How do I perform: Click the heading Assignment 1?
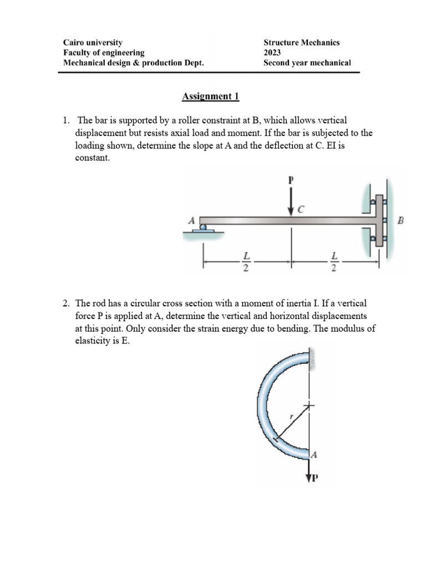pos(210,97)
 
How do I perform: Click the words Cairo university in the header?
pos(93,43)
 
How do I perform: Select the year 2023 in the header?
pos(272,53)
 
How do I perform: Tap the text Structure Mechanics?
pos(301,43)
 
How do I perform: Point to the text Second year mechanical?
pos(307,63)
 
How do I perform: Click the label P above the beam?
pos(290,180)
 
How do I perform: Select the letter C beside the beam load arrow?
pos(302,209)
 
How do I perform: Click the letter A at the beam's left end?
pos(192,220)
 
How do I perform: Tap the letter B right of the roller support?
pos(401,221)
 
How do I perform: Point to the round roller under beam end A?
pos(204,226)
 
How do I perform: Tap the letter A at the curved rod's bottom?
pos(313,455)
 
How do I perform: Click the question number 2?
pos(65,303)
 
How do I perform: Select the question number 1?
pos(65,120)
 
